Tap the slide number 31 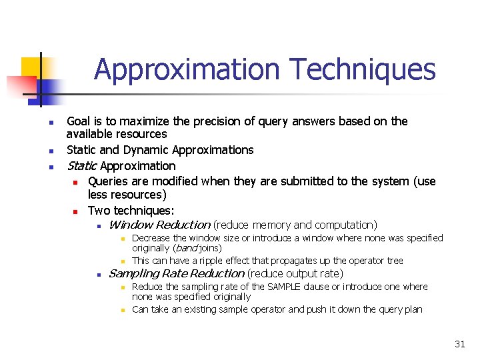pyautogui.click(x=459, y=344)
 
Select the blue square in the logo pyautogui.click(x=53, y=87)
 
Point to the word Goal pyautogui.click(x=79, y=121)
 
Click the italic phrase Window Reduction pyautogui.click(x=159, y=225)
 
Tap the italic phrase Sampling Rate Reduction pyautogui.click(x=176, y=273)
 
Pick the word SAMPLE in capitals pyautogui.click(x=285, y=287)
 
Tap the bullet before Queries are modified pyautogui.click(x=76, y=182)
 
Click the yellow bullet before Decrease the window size pyautogui.click(x=123, y=239)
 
